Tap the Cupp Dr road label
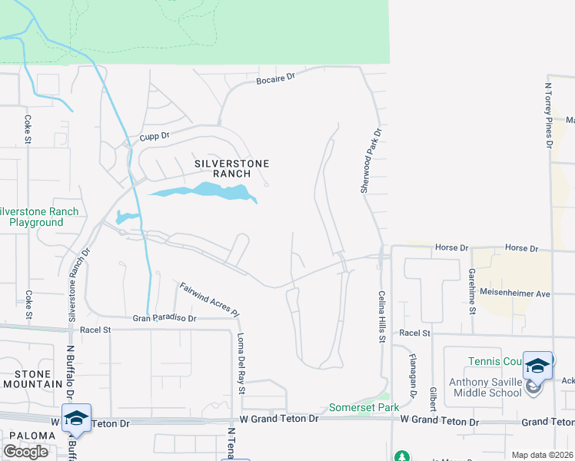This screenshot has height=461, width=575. coord(154,137)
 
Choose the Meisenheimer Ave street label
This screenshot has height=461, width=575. coord(515,293)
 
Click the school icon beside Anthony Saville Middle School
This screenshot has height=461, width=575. coord(537,366)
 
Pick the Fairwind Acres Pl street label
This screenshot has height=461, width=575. coord(210,300)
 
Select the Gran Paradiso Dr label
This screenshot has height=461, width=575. coord(165,317)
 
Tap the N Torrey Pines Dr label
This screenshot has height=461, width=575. coord(549,115)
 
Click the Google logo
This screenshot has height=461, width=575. coord(25,451)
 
